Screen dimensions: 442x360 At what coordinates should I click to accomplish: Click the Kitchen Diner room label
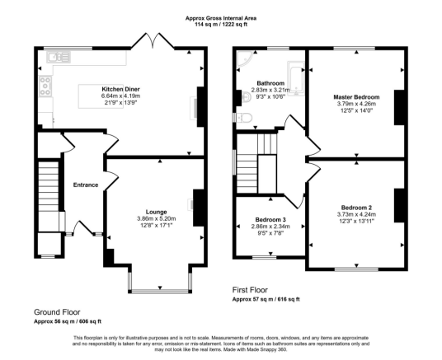point(120,89)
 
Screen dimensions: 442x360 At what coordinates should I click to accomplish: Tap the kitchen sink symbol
point(59,57)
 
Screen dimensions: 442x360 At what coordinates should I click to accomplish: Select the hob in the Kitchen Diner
point(45,86)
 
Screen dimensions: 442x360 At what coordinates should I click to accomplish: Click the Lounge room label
point(156,212)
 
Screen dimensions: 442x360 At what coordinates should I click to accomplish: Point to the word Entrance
point(86,185)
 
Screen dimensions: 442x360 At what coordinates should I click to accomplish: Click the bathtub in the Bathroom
point(296,78)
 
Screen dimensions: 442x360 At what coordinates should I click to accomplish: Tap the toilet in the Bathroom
point(242,118)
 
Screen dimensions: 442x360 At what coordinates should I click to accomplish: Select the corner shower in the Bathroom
point(244,58)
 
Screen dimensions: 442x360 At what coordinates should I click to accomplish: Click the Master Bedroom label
point(356,97)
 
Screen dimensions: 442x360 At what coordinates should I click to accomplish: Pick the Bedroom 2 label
point(356,208)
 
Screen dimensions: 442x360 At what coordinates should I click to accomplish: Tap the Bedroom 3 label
point(270,220)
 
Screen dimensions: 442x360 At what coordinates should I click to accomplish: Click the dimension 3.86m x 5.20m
point(157,218)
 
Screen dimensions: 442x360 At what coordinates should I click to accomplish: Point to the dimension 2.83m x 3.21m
point(270,90)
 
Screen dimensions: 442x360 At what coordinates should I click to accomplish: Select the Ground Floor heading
point(57,312)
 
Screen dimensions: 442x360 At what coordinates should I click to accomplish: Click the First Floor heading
point(250,290)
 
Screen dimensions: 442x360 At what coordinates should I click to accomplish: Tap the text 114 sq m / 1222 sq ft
point(221,25)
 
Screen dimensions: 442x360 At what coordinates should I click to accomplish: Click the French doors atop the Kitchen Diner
point(153,41)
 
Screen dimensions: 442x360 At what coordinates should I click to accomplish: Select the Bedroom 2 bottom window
point(356,269)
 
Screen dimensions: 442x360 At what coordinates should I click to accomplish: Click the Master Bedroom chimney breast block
point(399,107)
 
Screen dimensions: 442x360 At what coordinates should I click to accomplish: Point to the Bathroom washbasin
point(247,98)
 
